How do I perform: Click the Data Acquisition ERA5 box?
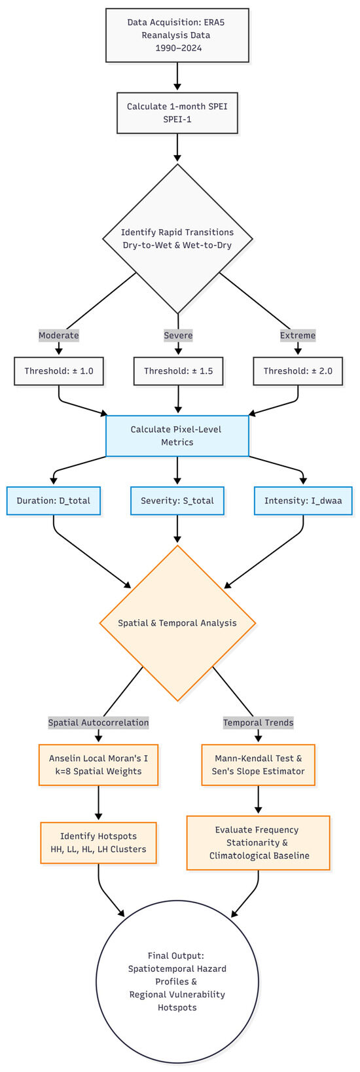[x=177, y=35]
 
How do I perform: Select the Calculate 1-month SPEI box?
[x=177, y=113]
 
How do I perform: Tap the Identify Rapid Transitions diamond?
[x=177, y=239]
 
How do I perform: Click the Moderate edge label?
[x=59, y=335]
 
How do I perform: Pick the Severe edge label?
[x=178, y=335]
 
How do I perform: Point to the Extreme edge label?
[x=298, y=335]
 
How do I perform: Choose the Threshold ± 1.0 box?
[x=59, y=371]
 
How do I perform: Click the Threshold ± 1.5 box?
[x=178, y=371]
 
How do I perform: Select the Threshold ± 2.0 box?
[x=298, y=371]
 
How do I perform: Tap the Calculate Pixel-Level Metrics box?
[x=177, y=436]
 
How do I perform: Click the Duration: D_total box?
[x=54, y=501]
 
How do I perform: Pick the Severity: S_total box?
[x=177, y=501]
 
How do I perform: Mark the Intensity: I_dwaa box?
[x=303, y=501]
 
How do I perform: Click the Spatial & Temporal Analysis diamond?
[x=177, y=623]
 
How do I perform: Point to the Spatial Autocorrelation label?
[x=99, y=723]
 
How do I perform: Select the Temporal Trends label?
[x=259, y=723]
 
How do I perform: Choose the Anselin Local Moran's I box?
[x=99, y=765]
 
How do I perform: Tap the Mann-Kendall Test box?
[x=259, y=765]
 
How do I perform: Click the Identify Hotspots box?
[x=99, y=843]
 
